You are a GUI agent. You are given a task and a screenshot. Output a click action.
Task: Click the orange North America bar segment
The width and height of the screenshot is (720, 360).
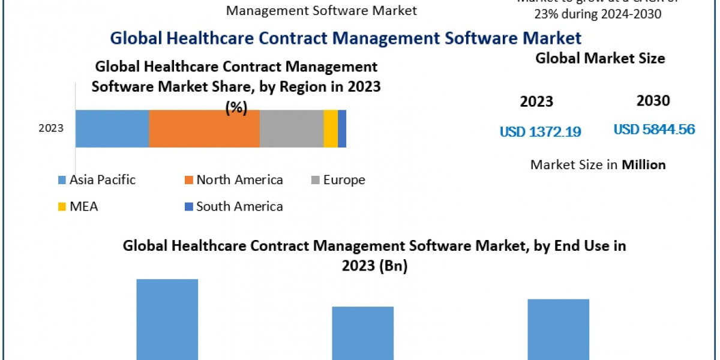click(x=204, y=128)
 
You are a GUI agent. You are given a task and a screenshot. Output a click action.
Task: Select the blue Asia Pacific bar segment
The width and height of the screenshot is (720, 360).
click(x=112, y=128)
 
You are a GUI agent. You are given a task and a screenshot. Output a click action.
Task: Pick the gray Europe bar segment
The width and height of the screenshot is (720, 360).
click(x=292, y=128)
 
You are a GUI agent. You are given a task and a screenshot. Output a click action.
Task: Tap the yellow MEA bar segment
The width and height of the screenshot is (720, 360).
click(x=331, y=128)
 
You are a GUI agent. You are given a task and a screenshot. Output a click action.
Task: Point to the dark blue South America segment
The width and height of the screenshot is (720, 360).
click(x=342, y=128)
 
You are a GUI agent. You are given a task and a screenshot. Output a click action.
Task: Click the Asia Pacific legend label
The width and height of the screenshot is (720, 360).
click(x=103, y=179)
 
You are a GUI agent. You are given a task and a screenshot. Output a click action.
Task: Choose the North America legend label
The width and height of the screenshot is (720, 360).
click(x=239, y=179)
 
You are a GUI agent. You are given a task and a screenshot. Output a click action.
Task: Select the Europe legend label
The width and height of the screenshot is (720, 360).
click(x=344, y=179)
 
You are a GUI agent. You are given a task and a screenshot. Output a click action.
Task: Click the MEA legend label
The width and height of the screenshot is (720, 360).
click(x=83, y=206)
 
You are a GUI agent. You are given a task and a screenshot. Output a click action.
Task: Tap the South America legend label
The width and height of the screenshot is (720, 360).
click(x=239, y=206)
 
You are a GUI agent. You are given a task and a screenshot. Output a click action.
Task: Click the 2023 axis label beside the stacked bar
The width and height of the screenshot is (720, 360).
click(x=51, y=128)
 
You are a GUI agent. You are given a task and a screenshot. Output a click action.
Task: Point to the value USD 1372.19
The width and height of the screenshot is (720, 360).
click(x=541, y=131)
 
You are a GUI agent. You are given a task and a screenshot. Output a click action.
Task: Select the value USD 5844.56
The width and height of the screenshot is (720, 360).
click(x=654, y=129)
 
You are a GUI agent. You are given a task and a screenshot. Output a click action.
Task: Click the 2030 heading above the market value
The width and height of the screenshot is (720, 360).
click(x=653, y=101)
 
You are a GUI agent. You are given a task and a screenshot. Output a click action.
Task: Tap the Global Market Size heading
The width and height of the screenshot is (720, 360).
click(x=600, y=58)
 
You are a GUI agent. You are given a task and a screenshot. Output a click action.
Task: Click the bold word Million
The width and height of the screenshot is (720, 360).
click(x=643, y=164)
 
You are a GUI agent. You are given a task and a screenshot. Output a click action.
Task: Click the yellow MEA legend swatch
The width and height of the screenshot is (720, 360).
click(x=62, y=207)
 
